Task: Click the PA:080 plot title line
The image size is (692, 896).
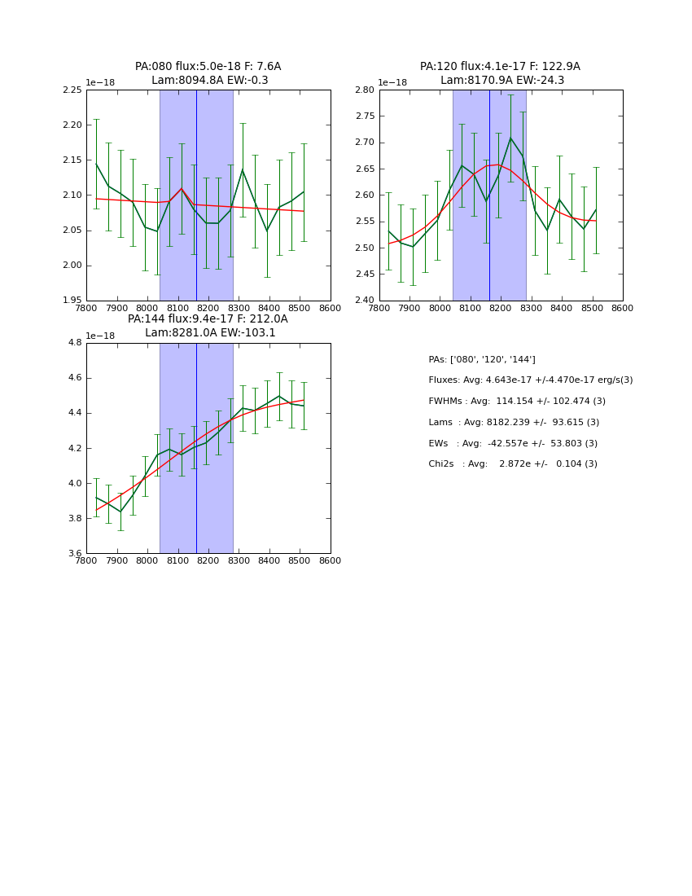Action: pyautogui.click(x=208, y=67)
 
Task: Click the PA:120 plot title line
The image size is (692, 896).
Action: pyautogui.click(x=500, y=67)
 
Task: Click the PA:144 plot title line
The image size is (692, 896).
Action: pyautogui.click(x=208, y=319)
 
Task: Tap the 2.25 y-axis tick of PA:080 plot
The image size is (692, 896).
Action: pyautogui.click(x=72, y=90)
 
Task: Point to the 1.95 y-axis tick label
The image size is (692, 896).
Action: pyautogui.click(x=72, y=301)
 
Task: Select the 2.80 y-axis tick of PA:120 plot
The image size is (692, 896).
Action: pyautogui.click(x=365, y=90)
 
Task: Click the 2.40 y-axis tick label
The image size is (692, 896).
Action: pyautogui.click(x=365, y=301)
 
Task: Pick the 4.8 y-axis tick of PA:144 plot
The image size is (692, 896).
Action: pyautogui.click(x=75, y=343)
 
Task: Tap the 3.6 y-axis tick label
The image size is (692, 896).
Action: pyautogui.click(x=75, y=553)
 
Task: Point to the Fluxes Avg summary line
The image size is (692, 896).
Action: pyautogui.click(x=530, y=380)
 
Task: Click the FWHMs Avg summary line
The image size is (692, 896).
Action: pyautogui.click(x=517, y=402)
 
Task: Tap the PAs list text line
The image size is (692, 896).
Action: pyautogui.click(x=482, y=360)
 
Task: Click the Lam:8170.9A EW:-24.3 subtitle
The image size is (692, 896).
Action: pyautogui.click(x=501, y=81)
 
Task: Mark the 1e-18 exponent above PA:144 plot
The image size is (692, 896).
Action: pyautogui.click(x=102, y=336)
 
